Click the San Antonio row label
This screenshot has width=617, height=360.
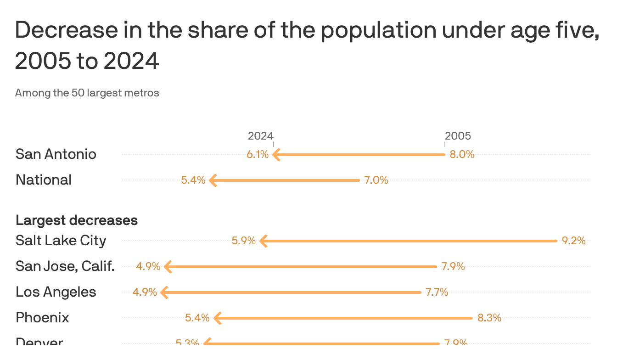pyautogui.click(x=56, y=154)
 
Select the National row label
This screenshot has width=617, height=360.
pyautogui.click(x=44, y=180)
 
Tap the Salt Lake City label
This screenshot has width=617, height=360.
pyautogui.click(x=61, y=241)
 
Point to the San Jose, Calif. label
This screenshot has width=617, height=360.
pyautogui.click(x=65, y=266)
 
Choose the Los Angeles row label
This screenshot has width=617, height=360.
pyautogui.click(x=56, y=292)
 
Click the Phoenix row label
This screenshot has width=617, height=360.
pyautogui.click(x=42, y=318)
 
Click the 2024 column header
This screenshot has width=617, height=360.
pyautogui.click(x=260, y=136)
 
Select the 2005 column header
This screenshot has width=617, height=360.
pyautogui.click(x=458, y=136)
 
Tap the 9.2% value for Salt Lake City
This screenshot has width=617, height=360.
pyautogui.click(x=573, y=241)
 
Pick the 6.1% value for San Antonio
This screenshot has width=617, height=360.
pyautogui.click(x=257, y=154)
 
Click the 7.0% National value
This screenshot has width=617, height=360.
pyautogui.click(x=376, y=180)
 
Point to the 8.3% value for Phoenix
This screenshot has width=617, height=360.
pyautogui.click(x=489, y=318)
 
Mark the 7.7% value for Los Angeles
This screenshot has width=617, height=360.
pyautogui.click(x=436, y=292)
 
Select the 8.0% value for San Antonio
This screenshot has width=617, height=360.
pyautogui.click(x=461, y=154)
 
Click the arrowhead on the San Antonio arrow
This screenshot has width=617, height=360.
pyautogui.click(x=276, y=155)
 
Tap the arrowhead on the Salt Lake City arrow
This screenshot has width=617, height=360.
pyautogui.click(x=263, y=241)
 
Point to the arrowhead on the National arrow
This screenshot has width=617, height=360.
pyautogui.click(x=213, y=180)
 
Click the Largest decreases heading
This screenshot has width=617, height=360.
pyautogui.click(x=77, y=220)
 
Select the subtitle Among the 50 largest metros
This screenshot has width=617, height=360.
pyautogui.click(x=87, y=93)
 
